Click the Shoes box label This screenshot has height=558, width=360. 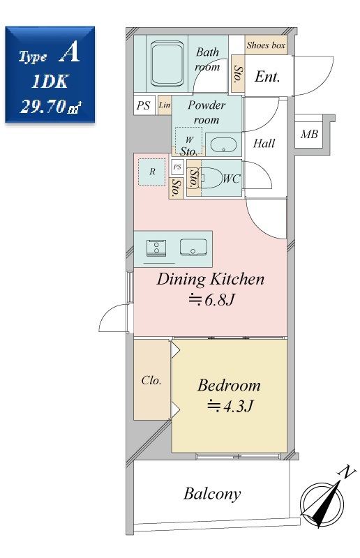click(266, 45)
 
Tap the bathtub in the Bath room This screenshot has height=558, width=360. click(167, 64)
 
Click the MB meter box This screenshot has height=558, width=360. click(309, 134)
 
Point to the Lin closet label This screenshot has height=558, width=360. click(165, 105)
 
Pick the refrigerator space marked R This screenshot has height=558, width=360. click(152, 172)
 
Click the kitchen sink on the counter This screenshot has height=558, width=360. click(193, 248)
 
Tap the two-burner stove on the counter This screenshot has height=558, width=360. click(156, 248)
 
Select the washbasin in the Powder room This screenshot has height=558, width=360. click(223, 145)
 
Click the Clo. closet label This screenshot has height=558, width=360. click(151, 380)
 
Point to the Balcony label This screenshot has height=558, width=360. click(212, 495)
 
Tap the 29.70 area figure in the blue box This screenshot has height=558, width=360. click(43, 106)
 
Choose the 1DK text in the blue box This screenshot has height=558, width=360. click(50, 82)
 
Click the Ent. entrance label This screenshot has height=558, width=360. click(267, 76)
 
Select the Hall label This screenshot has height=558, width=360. click(264, 144)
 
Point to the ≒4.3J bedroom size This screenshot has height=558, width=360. click(230, 406)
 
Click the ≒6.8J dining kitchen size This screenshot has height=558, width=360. click(211, 300)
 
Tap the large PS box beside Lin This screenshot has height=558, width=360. click(144, 105)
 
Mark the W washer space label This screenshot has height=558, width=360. click(189, 139)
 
